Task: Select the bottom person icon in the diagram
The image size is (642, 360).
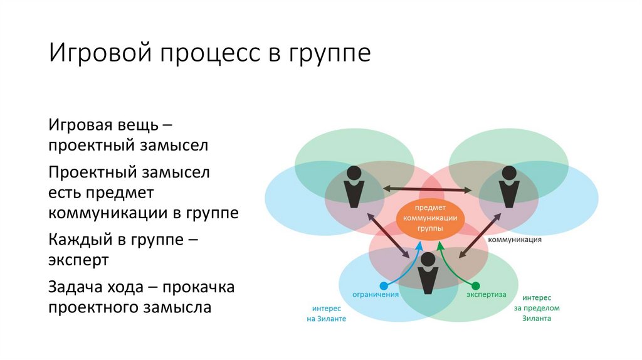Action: point(429,273)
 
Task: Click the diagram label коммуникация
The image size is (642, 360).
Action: point(515,240)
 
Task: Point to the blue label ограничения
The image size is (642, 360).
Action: point(376,294)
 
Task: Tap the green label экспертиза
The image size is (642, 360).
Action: point(486,294)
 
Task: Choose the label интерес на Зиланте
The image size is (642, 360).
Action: point(326,313)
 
